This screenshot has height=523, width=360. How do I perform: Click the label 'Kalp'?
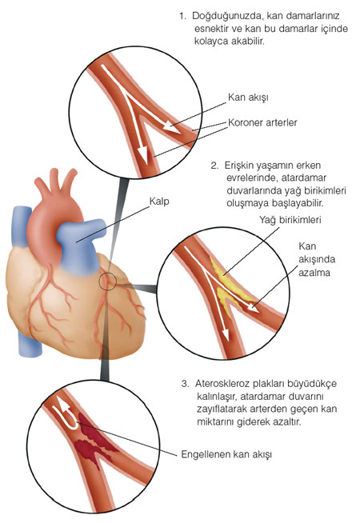[159, 202]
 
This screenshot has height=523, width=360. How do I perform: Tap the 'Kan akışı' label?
[248, 98]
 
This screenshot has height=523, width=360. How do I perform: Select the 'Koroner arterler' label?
[262, 122]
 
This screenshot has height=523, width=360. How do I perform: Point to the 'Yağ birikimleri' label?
[290, 220]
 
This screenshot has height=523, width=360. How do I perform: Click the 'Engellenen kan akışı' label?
[226, 454]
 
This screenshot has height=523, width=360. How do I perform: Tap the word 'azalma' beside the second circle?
[314, 273]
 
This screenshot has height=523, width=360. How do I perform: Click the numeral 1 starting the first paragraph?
[182, 16]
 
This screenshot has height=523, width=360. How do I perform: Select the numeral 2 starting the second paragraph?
[214, 166]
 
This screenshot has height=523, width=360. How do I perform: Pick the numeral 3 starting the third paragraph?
[185, 384]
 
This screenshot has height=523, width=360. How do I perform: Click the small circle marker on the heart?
[107, 281]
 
